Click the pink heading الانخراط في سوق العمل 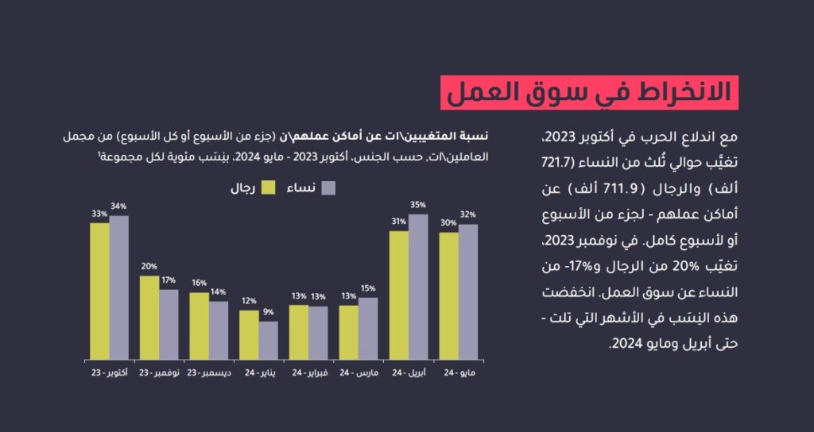(589, 92)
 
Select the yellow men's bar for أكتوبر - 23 (99, 291)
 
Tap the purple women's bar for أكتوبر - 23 (119, 287)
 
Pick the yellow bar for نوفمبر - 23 (149, 317)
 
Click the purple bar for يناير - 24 (268, 340)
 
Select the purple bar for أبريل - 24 (418, 287)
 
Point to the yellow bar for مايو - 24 (448, 295)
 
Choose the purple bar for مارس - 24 (368, 328)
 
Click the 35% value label (418, 205)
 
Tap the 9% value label (269, 312)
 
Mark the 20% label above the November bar (149, 266)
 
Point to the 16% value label (199, 283)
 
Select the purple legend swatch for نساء (327, 188)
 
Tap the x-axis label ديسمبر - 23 (209, 372)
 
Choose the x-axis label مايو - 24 (459, 372)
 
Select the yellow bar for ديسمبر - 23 (199, 326)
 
